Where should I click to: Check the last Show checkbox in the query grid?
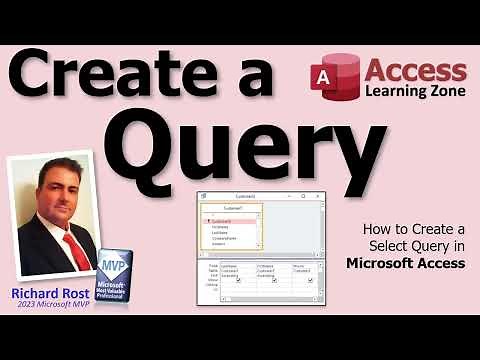coord(311,280)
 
